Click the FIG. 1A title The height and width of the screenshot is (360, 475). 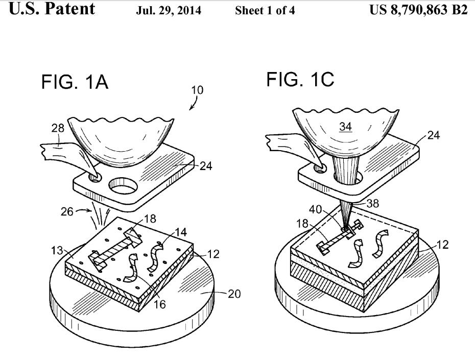point(75,82)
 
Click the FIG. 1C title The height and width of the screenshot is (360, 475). point(300,79)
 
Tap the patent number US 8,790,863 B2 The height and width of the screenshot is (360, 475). point(418,10)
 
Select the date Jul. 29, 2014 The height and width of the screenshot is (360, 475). point(169,11)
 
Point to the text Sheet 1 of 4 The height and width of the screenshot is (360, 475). point(265,11)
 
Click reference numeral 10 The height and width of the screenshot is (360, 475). point(197,90)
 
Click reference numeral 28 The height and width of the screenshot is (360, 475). point(58,128)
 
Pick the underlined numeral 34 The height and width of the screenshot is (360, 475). point(345,126)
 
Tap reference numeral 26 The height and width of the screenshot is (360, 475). point(67,211)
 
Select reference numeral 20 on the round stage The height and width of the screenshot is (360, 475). point(234,294)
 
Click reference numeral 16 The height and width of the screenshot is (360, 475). point(160,304)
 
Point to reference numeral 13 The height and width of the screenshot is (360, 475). point(57,251)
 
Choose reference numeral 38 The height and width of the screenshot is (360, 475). point(373,203)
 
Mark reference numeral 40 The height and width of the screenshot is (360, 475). point(315,209)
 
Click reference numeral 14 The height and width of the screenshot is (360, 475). point(181,232)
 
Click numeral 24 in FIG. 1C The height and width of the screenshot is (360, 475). point(434,135)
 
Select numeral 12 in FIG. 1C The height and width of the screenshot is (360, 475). point(442,244)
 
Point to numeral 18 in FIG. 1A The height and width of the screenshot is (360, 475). point(150,219)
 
